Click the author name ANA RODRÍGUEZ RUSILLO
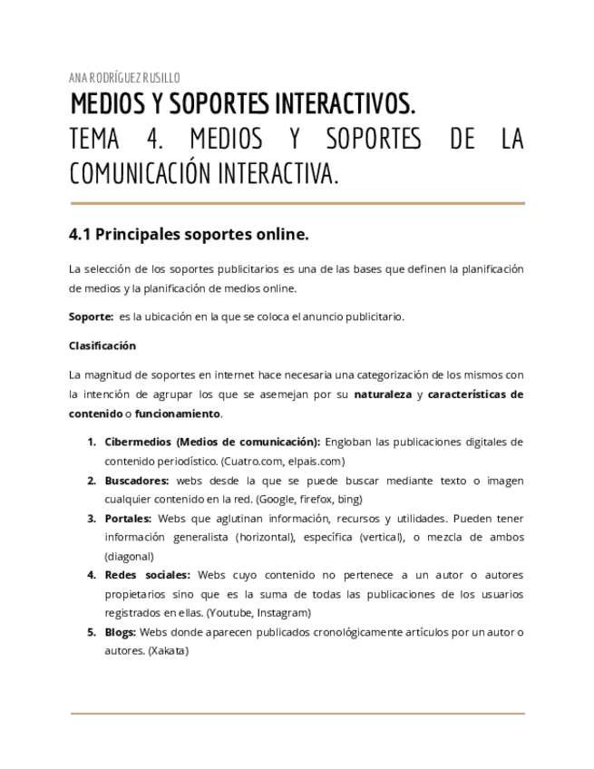[x=124, y=78]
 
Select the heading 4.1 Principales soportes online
[x=189, y=235]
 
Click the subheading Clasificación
[x=102, y=346]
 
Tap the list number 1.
[x=92, y=442]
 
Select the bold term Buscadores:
[x=136, y=480]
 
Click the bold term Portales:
[x=128, y=518]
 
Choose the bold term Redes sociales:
[x=147, y=574]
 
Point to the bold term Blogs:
[x=121, y=631]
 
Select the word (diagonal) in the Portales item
[x=129, y=556]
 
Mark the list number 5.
[x=92, y=631]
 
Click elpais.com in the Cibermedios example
[x=291, y=461]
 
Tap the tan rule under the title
[x=297, y=203]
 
